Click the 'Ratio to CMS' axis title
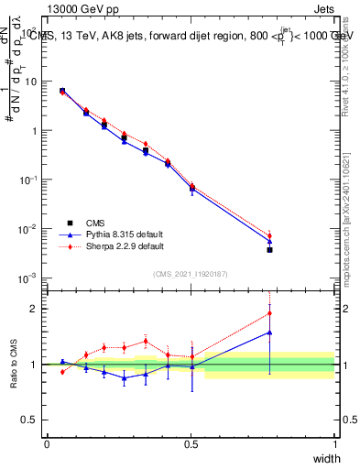pyautogui.click(x=15, y=365)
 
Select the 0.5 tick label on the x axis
pyautogui.click(x=191, y=444)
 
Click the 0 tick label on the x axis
pyautogui.click(x=47, y=444)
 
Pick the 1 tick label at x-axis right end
pyautogui.click(x=334, y=444)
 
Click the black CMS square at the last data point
pyautogui.click(x=269, y=249)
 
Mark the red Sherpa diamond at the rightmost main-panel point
pyautogui.click(x=269, y=235)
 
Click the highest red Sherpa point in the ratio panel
pyautogui.click(x=269, y=313)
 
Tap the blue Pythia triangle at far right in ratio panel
pyautogui.click(x=269, y=333)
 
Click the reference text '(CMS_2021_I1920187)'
pyautogui.click(x=191, y=274)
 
